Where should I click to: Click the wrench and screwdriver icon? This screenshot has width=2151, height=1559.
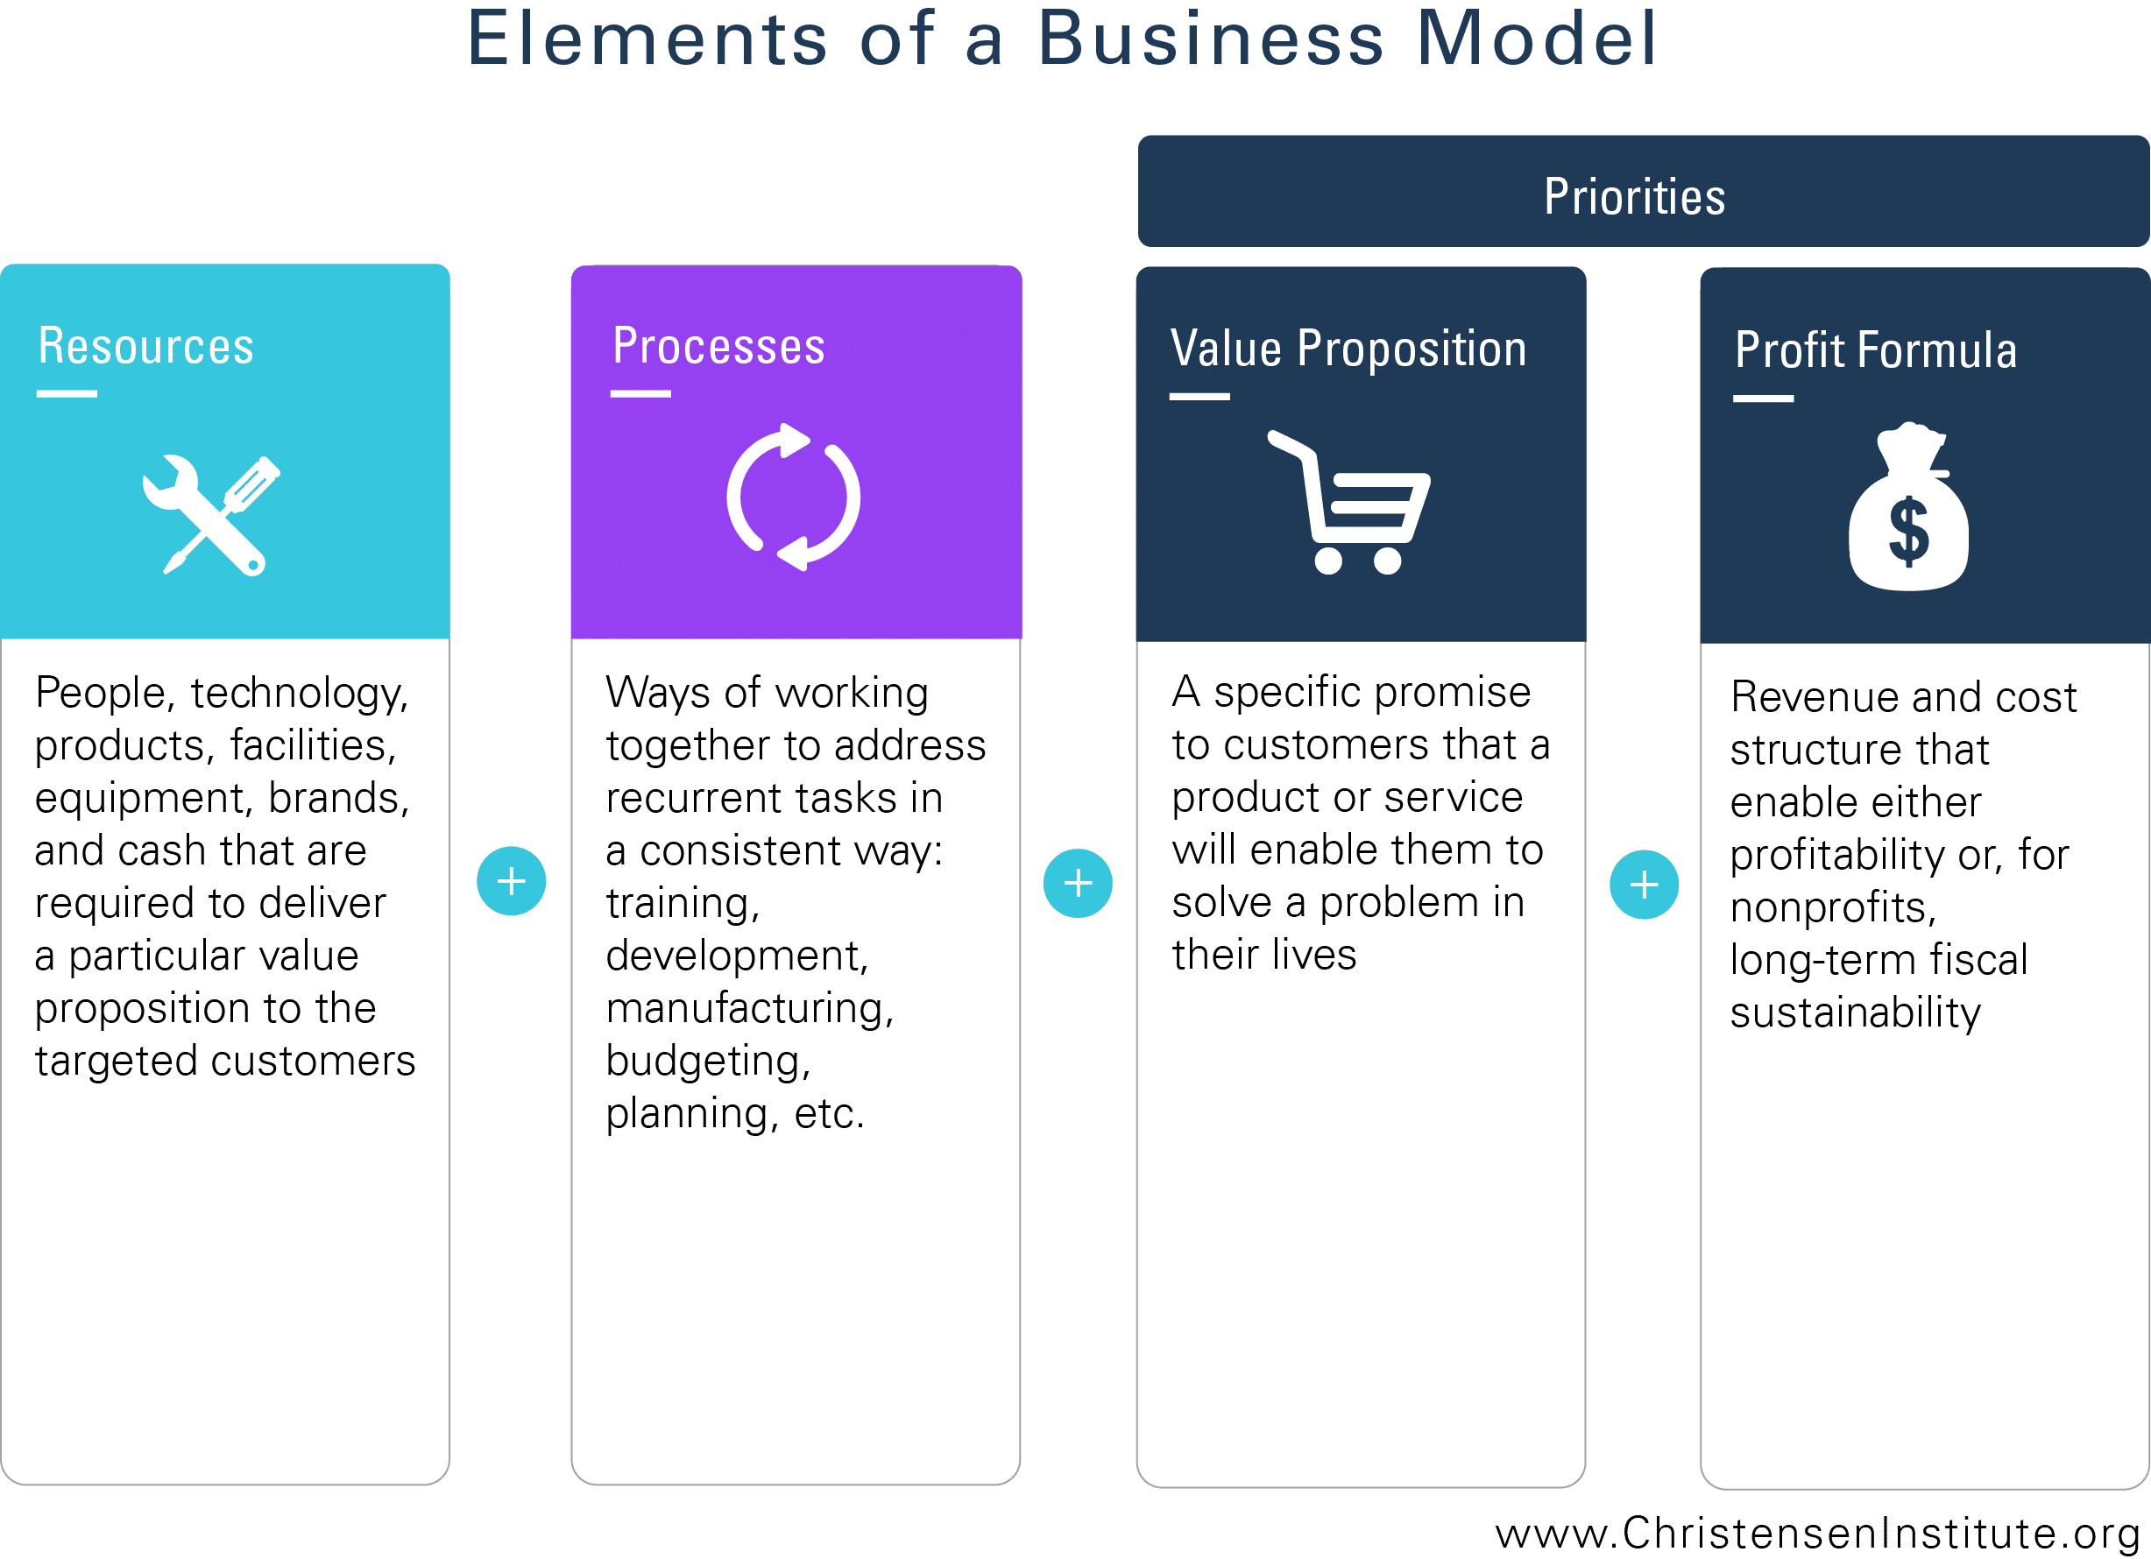pos(210,515)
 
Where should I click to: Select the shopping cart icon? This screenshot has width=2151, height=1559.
pos(1348,502)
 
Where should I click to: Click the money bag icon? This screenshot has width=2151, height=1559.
pos(1907,506)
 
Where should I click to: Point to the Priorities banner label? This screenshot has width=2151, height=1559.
pos(1634,196)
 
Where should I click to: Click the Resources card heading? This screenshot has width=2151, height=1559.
pos(146,345)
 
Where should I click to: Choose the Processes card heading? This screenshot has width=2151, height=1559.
pos(718,345)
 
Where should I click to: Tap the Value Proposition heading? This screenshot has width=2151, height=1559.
pos(1348,348)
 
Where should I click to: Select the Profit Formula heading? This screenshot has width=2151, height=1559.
pos(1875,350)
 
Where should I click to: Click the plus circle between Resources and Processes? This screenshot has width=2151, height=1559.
pos(511,881)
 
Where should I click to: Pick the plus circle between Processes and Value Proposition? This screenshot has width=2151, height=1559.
pos(1078,883)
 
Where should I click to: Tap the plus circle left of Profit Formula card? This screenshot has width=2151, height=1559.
pos(1644,885)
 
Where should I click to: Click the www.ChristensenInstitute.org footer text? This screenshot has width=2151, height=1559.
pos(1815,1533)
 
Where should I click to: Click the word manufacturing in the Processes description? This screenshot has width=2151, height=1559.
pos(749,1009)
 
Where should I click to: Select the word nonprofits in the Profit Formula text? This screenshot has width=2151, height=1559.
pos(1831,907)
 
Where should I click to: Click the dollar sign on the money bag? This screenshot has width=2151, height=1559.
pos(1908,531)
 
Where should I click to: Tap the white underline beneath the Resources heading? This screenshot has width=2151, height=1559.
pos(67,393)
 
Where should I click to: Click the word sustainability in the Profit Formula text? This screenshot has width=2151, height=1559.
pos(1855,1013)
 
